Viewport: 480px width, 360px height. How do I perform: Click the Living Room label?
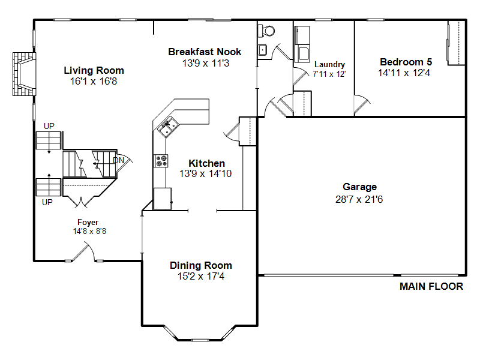(x=94, y=70)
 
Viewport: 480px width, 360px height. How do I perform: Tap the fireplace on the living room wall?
(x=24, y=74)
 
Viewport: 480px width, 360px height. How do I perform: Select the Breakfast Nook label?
(x=205, y=52)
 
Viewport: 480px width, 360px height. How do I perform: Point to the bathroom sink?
(x=262, y=50)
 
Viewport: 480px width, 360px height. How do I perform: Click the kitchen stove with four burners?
(x=161, y=161)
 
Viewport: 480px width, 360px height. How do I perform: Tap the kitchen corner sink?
(x=168, y=127)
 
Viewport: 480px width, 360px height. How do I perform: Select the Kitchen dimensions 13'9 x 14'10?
(x=205, y=173)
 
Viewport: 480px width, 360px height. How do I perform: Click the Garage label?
(x=359, y=187)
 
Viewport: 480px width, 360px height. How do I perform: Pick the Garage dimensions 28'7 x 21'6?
(x=359, y=199)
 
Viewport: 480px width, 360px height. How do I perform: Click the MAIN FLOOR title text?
(x=431, y=286)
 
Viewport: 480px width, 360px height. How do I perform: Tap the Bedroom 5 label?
(x=406, y=62)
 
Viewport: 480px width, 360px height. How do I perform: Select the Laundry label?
(x=329, y=65)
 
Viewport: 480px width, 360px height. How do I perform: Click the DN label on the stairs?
(x=118, y=160)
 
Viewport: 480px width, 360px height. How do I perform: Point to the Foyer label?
(x=88, y=222)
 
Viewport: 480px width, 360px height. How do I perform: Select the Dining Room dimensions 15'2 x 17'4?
(x=201, y=276)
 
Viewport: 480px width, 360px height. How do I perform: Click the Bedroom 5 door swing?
(x=362, y=104)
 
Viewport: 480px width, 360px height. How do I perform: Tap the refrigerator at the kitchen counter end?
(x=163, y=199)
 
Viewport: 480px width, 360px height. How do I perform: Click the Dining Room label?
(x=201, y=265)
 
